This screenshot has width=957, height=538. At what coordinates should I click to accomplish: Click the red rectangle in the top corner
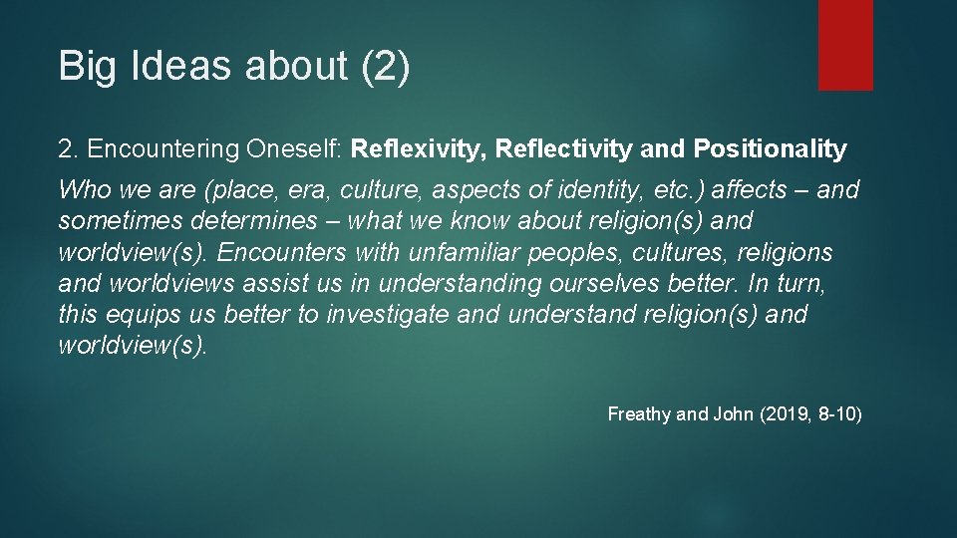tap(845, 45)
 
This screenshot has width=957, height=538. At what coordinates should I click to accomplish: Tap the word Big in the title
tap(85, 67)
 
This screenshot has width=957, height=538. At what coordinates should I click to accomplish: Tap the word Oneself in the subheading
tap(293, 149)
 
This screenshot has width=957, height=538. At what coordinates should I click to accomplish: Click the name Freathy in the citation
tap(639, 413)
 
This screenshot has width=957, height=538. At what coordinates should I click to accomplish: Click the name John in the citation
tap(733, 413)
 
